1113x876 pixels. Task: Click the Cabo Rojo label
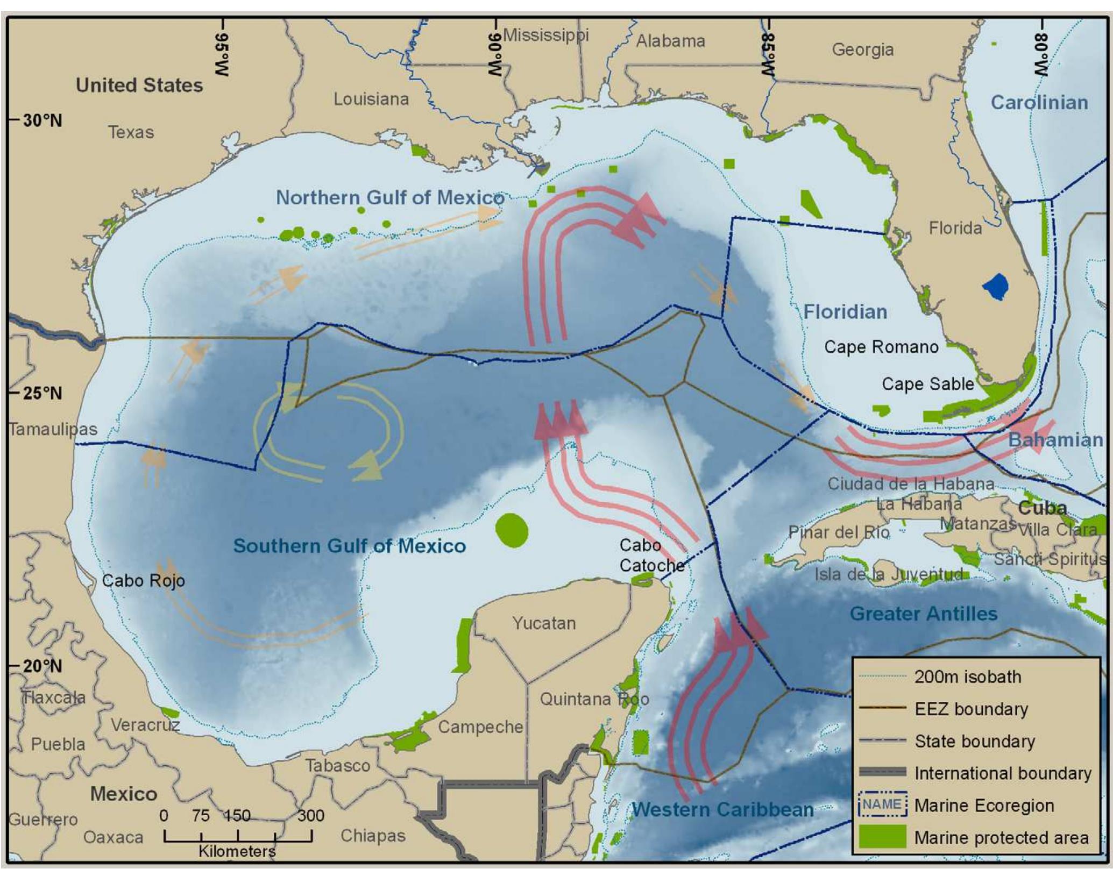tap(143, 581)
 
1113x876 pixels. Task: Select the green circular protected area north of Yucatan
tap(511, 530)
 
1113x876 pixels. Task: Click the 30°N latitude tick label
tap(42, 120)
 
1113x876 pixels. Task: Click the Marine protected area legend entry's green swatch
tap(883, 837)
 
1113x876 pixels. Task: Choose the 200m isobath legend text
tap(967, 676)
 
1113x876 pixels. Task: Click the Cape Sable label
tap(927, 384)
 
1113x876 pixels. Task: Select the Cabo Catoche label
tap(651, 555)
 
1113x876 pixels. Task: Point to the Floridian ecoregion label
tap(845, 312)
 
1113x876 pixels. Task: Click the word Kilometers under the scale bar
tap(237, 851)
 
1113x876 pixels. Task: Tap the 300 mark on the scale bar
tap(310, 816)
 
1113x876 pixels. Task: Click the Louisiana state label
tap(371, 99)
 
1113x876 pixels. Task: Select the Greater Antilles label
tap(923, 614)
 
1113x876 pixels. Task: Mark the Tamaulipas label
tap(53, 429)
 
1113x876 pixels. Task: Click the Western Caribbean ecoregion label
tap(722, 809)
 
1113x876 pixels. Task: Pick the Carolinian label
tap(1039, 102)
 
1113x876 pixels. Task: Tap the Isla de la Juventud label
tap(888, 574)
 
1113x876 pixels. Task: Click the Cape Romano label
tap(881, 347)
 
